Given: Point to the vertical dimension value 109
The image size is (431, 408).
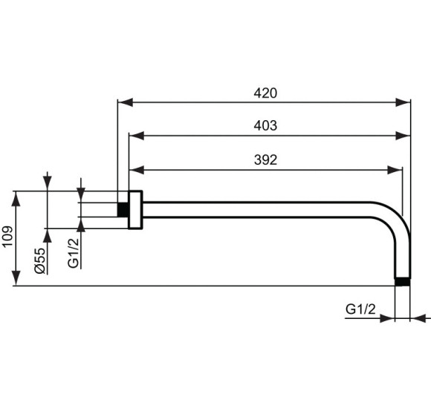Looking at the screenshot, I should [x=7, y=237].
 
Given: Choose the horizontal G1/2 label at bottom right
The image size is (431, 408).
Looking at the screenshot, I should [x=361, y=308].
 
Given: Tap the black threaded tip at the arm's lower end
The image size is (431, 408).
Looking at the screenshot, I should [x=401, y=282].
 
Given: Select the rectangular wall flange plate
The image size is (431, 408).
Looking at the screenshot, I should [x=135, y=210].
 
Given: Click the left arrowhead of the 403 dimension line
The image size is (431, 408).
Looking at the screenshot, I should [x=135, y=136].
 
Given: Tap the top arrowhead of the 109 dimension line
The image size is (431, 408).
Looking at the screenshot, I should [x=16, y=196].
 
